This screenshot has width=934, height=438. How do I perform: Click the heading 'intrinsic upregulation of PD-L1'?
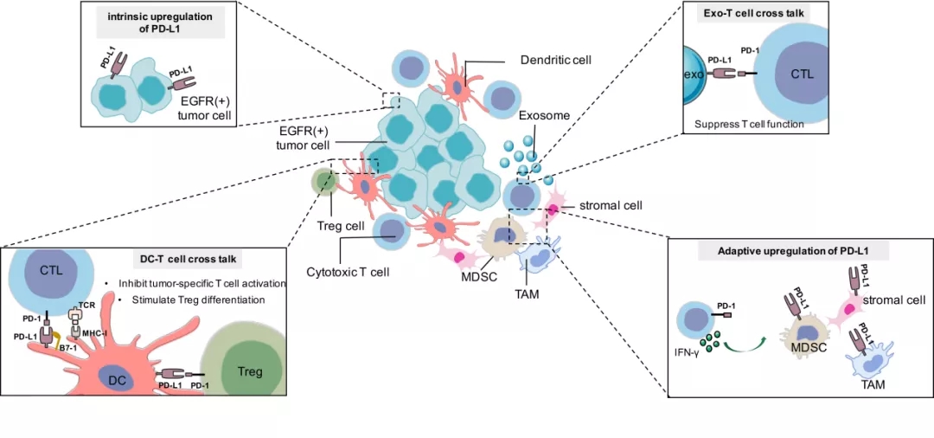coord(152,23)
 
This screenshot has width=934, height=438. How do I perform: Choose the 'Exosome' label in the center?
coord(544,114)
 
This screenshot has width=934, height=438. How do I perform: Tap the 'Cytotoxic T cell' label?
coord(349,272)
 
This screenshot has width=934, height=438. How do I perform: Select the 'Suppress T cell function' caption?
coord(750,124)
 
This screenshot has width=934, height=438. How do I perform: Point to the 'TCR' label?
coord(86,305)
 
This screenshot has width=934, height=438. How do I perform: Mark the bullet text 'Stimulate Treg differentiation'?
coord(197,300)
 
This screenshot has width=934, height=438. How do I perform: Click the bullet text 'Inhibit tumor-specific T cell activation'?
coord(210,283)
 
